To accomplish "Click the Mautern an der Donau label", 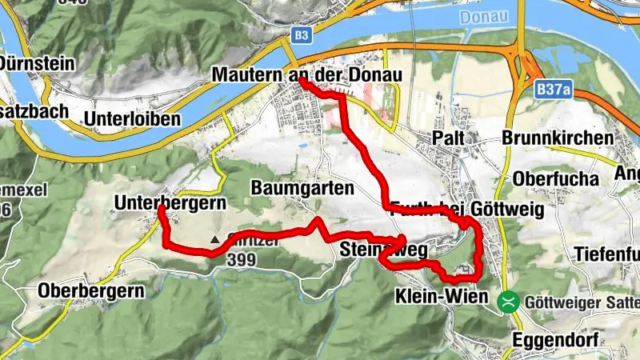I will click(306, 74).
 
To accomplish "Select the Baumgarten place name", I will click(302, 189).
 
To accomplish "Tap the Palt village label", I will click(449, 138).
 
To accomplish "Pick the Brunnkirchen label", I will click(558, 138).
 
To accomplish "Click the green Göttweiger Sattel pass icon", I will click(507, 302).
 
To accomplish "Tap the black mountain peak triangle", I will click(214, 239).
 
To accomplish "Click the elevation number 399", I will click(240, 260).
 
